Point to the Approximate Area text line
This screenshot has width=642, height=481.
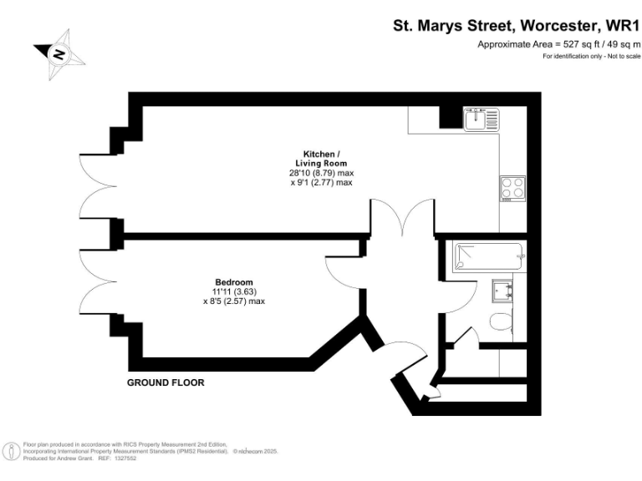(558, 44)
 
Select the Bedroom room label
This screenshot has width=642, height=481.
(234, 282)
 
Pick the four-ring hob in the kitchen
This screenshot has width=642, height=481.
(512, 189)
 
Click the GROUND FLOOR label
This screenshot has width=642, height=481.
(166, 382)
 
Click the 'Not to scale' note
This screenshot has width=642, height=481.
(619, 56)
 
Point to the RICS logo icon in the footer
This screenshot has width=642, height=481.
(12, 451)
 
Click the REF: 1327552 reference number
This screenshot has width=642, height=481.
(117, 458)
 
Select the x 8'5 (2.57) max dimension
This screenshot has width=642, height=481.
(234, 301)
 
